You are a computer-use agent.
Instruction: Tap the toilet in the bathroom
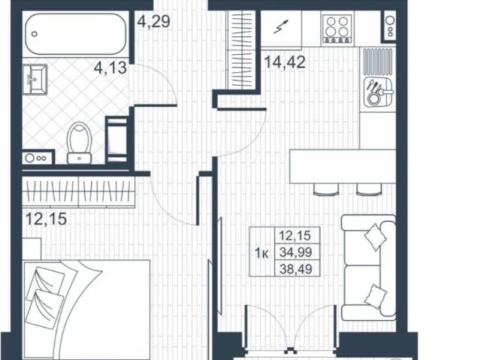click(79, 143)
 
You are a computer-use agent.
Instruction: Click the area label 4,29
click(154, 20)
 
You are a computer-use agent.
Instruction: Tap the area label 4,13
click(109, 69)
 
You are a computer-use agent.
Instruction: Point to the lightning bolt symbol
click(280, 29)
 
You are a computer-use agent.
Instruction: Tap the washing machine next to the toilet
click(116, 139)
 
